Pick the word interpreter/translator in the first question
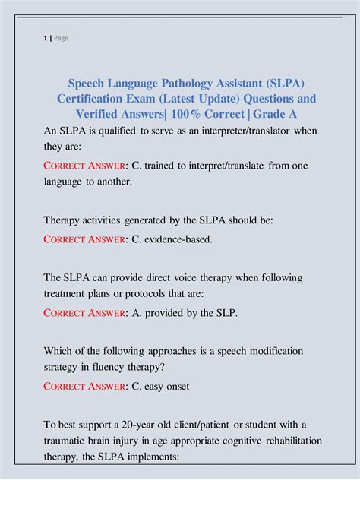[242, 131]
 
